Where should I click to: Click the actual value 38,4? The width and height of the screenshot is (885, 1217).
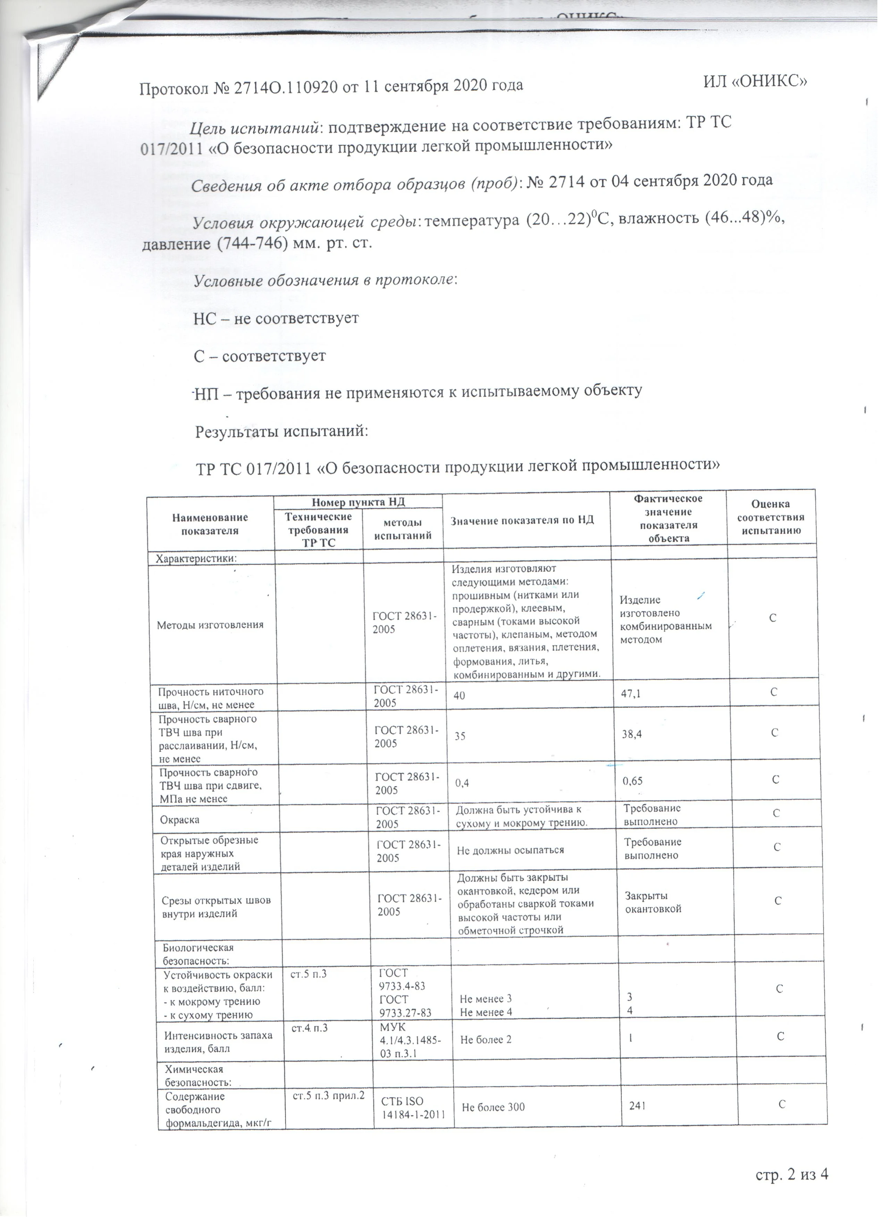coord(633,733)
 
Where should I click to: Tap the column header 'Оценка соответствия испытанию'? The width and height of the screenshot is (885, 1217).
coord(771,517)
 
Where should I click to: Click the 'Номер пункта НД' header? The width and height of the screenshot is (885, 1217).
coord(358,502)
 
